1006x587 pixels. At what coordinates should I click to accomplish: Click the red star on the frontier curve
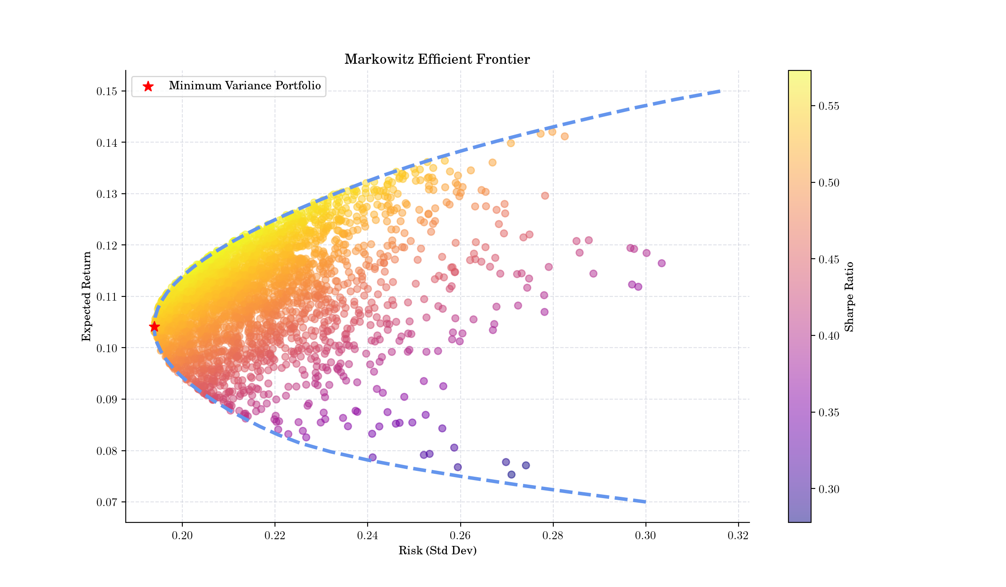tap(154, 327)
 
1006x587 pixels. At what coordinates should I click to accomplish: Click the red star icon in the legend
tap(148, 86)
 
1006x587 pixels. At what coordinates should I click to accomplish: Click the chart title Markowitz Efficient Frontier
tap(437, 59)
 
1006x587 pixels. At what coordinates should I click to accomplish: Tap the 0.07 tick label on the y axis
tap(106, 502)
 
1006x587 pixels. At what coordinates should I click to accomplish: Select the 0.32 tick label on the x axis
tap(738, 535)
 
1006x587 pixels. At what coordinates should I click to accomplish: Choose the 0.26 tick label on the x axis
tap(460, 535)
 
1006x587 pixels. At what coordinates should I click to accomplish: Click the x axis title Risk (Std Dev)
tap(437, 551)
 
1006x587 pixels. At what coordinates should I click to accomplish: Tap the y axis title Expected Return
tap(86, 296)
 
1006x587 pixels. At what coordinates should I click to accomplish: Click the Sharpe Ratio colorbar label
tap(849, 296)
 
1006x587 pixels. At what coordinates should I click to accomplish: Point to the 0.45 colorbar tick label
tap(829, 260)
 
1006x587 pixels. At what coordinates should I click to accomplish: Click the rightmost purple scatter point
tap(661, 263)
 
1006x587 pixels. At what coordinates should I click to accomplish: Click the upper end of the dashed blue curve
tap(719, 91)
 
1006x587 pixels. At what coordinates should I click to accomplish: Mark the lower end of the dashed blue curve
tap(645, 501)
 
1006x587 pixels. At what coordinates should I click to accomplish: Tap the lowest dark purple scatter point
tap(511, 475)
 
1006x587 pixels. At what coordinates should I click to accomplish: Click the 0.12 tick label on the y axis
tap(106, 245)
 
